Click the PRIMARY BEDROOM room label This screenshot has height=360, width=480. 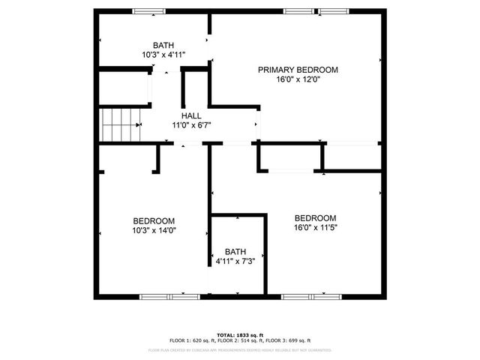point(298,70)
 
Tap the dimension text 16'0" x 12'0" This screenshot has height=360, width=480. point(298,79)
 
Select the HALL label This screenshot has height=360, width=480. point(191,115)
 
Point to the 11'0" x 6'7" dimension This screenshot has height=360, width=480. point(191,125)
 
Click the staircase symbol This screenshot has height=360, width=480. point(121,124)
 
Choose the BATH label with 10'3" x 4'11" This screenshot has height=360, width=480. point(163,45)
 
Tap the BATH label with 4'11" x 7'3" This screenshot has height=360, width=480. point(235,251)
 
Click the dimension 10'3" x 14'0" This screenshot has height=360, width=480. point(154,230)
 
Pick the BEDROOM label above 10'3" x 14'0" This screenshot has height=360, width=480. point(154,220)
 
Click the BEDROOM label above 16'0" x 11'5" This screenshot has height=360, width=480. point(314,217)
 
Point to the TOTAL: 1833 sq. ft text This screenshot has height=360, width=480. point(239,334)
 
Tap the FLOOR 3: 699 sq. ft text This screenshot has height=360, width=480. point(288,340)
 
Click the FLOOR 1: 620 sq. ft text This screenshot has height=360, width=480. point(191,340)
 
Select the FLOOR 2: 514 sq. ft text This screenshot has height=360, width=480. point(240,340)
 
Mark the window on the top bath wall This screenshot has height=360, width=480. point(149,10)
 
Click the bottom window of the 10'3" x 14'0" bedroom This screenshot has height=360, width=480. point(169,296)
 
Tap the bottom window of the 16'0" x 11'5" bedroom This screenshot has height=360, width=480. point(310,296)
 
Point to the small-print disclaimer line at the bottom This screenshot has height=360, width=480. point(239,350)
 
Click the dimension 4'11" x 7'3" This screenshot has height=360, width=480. point(235,261)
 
